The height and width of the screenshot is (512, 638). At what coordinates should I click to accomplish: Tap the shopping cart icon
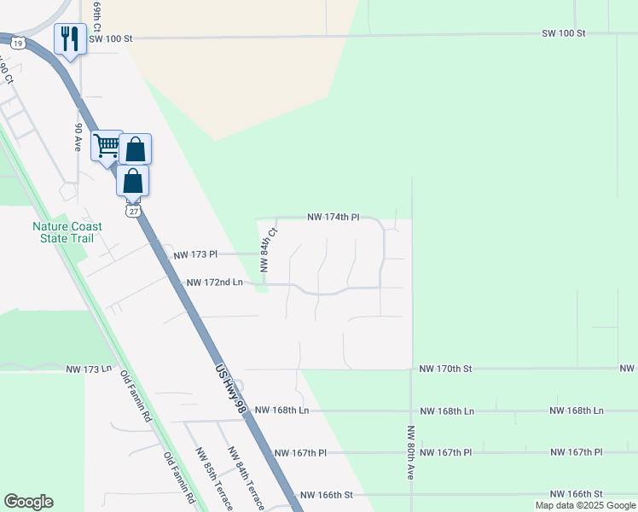[x=107, y=146]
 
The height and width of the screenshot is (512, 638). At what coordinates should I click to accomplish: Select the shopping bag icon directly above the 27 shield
[x=132, y=181]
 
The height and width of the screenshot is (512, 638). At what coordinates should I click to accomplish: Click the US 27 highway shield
[x=131, y=209]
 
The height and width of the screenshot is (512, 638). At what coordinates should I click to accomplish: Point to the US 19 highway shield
[x=16, y=41]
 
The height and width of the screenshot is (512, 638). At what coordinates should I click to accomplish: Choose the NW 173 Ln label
[x=90, y=369]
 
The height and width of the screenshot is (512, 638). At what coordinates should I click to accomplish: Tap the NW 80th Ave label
[x=410, y=453]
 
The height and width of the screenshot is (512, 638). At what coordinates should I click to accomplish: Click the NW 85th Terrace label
[x=214, y=479]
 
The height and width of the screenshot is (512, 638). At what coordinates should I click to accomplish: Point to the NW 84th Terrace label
[x=245, y=479]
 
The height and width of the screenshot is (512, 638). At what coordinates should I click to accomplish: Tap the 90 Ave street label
[x=78, y=137]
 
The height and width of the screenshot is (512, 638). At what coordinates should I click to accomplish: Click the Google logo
[x=28, y=502]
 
